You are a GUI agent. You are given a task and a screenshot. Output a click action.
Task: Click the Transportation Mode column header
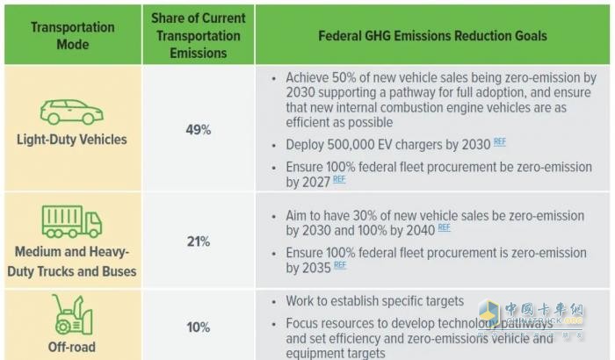point(72,35)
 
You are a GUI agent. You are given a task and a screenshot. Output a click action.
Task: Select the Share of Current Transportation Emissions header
point(199,35)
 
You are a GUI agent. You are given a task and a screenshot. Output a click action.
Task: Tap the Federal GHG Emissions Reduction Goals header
point(433,35)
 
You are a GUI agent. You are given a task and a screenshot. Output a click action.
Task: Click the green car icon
point(72,112)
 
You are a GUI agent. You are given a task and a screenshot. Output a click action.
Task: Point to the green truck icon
point(72,221)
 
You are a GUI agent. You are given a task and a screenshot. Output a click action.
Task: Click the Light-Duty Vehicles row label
point(72,140)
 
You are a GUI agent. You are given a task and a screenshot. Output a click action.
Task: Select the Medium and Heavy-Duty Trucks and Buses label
point(72,262)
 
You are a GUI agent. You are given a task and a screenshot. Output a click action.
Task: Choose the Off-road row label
point(72,347)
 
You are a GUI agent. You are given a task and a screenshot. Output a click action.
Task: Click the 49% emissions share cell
point(199,130)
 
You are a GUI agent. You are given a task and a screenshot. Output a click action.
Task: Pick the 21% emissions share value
point(199,241)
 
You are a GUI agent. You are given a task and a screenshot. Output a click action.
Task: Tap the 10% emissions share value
point(199,327)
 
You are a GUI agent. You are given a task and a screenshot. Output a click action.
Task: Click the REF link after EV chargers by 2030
point(500,141)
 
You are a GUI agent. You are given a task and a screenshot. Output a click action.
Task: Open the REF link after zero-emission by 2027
point(338,180)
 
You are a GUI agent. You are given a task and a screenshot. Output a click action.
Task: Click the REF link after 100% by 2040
point(444,227)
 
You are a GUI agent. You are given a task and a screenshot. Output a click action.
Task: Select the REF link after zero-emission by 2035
point(340,264)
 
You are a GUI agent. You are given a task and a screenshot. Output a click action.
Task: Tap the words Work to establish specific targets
point(375,301)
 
